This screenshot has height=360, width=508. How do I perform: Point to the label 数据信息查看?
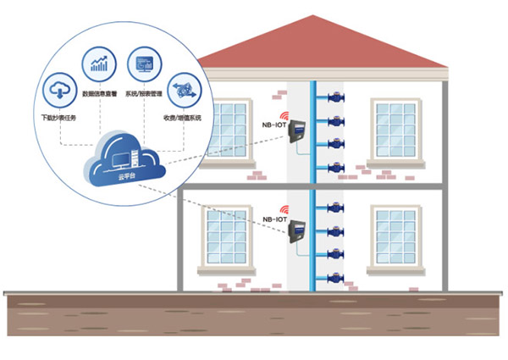[97, 94]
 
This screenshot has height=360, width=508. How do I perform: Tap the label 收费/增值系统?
[183, 118]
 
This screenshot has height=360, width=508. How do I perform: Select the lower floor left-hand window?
[227, 236]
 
